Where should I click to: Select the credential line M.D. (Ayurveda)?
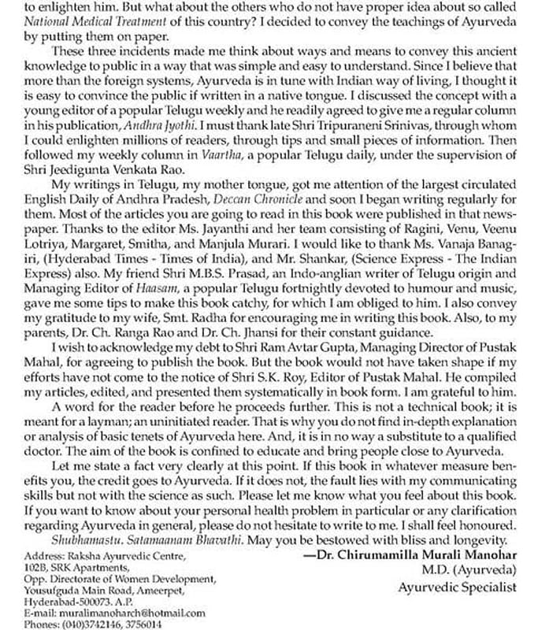point(473,569)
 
